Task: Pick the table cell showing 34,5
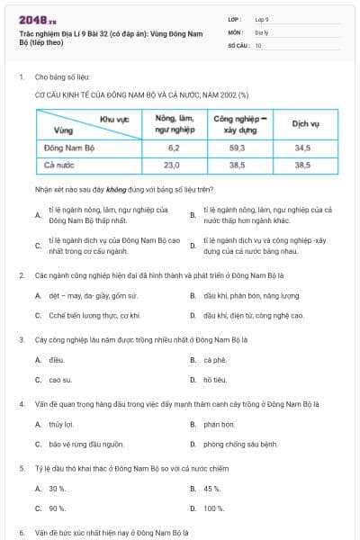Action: pos(302,147)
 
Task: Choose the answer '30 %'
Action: pos(58,489)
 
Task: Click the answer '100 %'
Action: pos(214,508)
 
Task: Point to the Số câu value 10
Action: pos(258,44)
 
